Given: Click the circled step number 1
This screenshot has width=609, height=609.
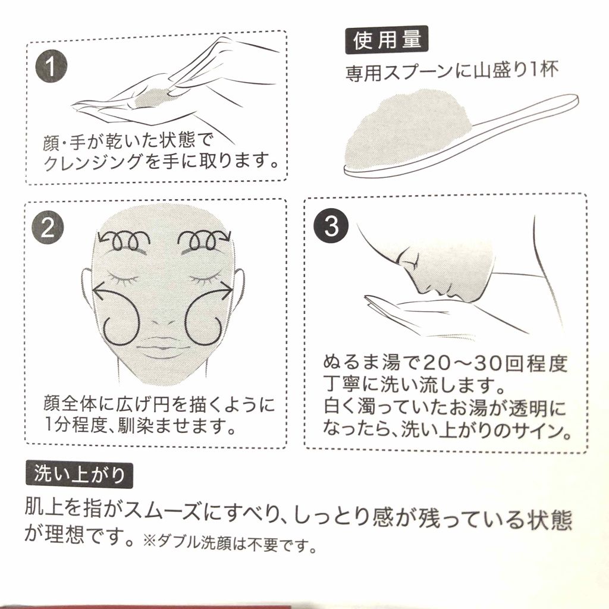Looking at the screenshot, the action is (51, 66).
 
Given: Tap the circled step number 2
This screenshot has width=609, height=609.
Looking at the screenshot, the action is (48, 228).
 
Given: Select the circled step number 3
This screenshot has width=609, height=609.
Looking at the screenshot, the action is (331, 226).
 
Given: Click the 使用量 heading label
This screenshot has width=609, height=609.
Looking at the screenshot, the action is (387, 40).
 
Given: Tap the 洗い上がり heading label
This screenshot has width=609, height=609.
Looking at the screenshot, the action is (79, 475).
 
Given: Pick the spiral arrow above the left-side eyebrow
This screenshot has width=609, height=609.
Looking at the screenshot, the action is (124, 240).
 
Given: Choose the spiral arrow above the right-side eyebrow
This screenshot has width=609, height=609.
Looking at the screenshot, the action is (205, 240).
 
